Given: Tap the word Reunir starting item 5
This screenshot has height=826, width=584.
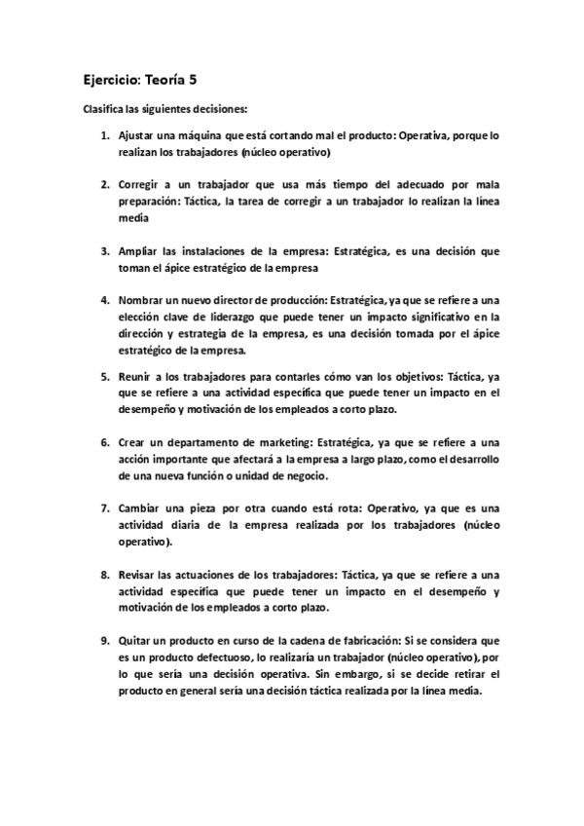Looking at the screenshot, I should pos(136,376).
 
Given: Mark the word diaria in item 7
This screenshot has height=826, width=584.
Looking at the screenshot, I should pos(186,525).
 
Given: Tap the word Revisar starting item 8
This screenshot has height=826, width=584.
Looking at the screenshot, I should pos(140,576).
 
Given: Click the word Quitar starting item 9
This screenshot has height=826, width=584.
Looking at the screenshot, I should pos(137,642).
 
